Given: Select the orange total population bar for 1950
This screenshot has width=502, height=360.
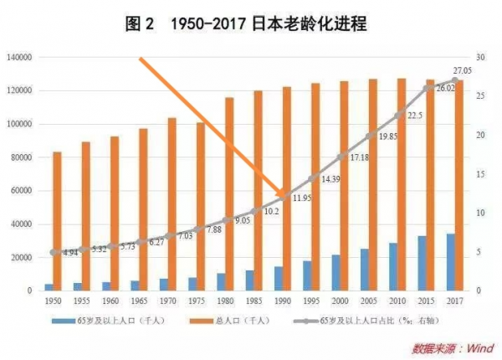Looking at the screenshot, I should pyautogui.click(x=57, y=222).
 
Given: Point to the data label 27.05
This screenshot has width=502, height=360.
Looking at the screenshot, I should pyautogui.click(x=463, y=71).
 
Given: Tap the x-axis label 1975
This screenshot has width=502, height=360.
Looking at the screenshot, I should pyautogui.click(x=197, y=300).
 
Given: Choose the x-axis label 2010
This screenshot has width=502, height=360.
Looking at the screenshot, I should pyautogui.click(x=397, y=300).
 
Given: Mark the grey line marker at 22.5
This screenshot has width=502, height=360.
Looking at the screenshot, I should pyautogui.click(x=401, y=116).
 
